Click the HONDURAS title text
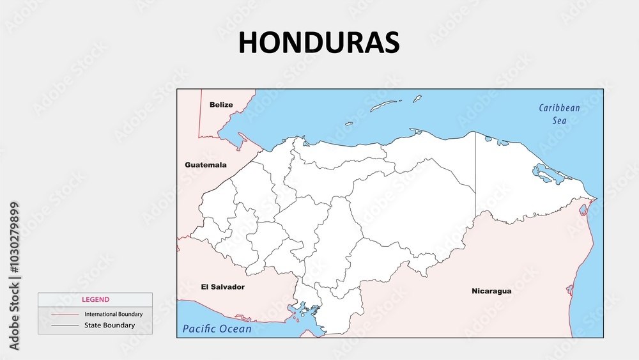point(319,42)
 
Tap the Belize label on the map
point(221,105)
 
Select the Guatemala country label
point(206,165)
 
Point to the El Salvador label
point(222,287)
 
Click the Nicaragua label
point(491,291)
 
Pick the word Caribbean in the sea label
point(559,108)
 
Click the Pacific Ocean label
point(217,329)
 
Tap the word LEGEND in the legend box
point(95,299)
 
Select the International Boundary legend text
point(113,315)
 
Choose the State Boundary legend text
point(109,325)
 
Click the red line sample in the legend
point(65,315)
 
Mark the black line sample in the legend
point(65,325)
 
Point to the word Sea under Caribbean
point(559,120)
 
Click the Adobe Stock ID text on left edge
point(15,276)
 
